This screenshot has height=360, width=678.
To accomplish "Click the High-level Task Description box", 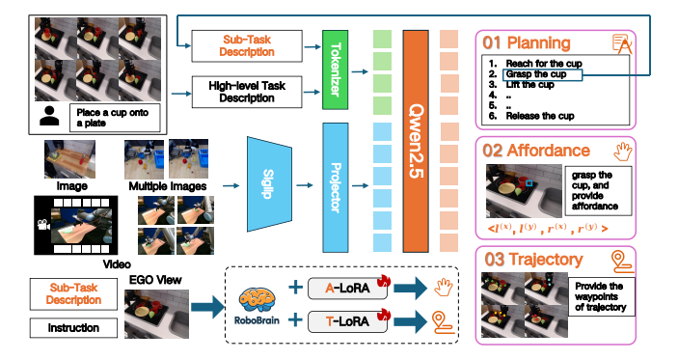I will [x=241, y=91].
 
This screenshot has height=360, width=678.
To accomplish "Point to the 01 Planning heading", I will [x=527, y=43].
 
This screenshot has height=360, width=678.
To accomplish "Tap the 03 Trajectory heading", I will [x=533, y=259].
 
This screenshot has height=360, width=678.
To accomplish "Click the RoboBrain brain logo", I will [x=255, y=296].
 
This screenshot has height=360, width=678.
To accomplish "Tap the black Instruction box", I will [x=73, y=328].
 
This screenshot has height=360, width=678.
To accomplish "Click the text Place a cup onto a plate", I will [x=111, y=117].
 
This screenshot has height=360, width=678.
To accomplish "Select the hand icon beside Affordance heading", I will [x=620, y=150].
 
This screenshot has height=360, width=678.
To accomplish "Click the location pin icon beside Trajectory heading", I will [x=620, y=259].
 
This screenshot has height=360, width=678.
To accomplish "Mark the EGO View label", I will [x=150, y=280].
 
